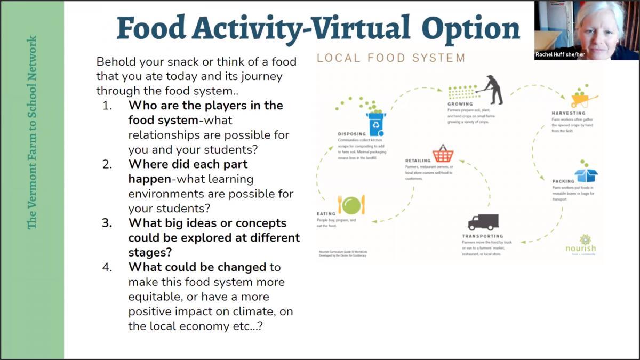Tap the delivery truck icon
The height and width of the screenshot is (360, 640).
(483, 222)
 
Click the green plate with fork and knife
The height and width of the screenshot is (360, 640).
(351, 204)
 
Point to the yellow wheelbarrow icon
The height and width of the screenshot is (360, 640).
(583, 99)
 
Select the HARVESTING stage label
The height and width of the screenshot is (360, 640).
(569, 113)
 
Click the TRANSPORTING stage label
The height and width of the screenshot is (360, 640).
(483, 236)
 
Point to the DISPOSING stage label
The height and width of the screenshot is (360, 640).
(352, 134)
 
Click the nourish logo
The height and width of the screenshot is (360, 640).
(581, 244)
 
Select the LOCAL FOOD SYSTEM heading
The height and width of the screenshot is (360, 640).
(391, 58)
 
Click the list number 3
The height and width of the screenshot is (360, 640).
(107, 223)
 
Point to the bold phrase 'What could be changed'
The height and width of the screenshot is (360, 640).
(197, 267)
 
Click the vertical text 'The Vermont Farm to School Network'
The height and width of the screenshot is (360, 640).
(33, 132)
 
